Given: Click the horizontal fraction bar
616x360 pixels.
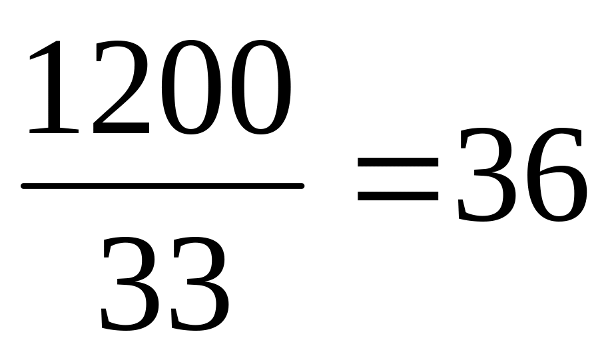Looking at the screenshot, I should tap(163, 186).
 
